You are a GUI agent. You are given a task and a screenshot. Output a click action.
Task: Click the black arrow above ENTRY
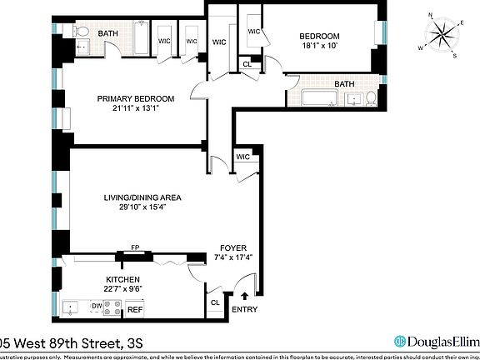click(244, 294)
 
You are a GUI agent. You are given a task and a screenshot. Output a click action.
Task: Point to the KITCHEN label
click(122, 279)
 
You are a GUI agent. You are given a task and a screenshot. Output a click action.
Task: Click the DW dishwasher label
click(97, 306)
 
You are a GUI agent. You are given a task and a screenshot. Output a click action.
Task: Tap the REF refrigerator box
click(135, 309)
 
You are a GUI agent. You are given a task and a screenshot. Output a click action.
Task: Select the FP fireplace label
click(134, 247)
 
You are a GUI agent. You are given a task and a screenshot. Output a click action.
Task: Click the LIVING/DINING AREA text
click(142, 197)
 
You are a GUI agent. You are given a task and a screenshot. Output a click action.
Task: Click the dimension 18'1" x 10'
click(320, 47)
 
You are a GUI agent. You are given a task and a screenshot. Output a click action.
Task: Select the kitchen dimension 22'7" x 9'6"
click(122, 289)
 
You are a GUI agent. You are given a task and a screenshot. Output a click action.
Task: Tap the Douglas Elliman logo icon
click(401, 340)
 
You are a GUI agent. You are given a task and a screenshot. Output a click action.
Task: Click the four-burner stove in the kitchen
click(112, 307)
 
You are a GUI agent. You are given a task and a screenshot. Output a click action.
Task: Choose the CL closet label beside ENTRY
click(215, 303)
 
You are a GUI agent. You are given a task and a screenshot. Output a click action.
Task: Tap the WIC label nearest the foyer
click(243, 156)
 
